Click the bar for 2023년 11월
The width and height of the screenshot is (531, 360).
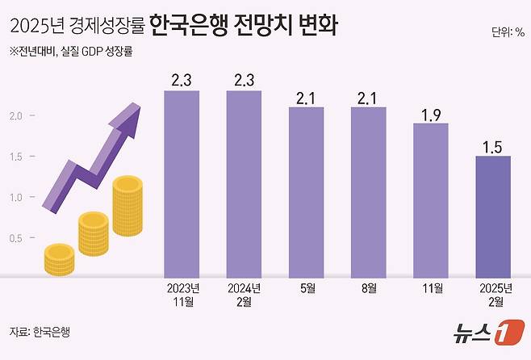182,183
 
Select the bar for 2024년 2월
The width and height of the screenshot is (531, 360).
244,183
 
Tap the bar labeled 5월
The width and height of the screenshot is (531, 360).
306,191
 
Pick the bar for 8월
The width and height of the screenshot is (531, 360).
368,191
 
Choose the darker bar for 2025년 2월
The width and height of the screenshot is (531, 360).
492,216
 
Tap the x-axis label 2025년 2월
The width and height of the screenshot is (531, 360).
492,295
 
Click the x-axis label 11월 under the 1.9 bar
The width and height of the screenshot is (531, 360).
430,288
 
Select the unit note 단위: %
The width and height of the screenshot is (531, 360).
507,33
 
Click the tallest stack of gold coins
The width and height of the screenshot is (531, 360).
128,207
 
